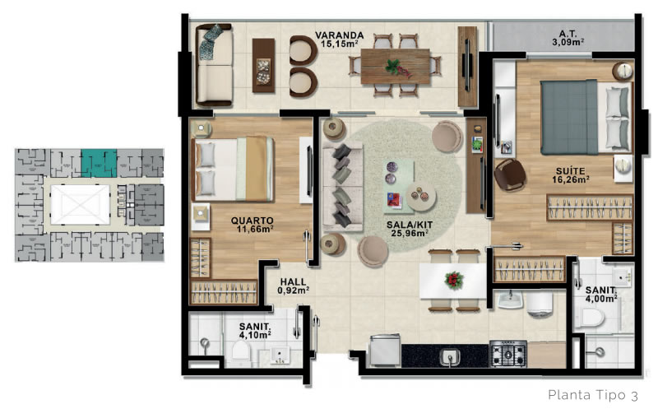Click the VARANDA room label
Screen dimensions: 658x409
point(339,35)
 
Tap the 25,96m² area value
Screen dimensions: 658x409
point(409,233)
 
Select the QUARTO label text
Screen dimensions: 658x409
point(252,221)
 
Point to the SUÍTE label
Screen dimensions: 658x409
point(570,171)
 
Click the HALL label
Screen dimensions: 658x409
point(293,281)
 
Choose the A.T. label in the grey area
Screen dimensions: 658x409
point(568,34)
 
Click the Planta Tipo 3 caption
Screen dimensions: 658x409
point(593,395)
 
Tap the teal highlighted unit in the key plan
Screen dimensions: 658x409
point(99,163)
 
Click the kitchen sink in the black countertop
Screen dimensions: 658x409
point(449,357)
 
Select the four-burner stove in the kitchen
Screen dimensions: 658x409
point(507,354)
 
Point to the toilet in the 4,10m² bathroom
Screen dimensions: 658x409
point(241,350)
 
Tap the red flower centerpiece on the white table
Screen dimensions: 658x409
point(453,280)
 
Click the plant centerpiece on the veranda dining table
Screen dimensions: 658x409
point(396,68)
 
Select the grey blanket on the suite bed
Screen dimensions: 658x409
point(568,117)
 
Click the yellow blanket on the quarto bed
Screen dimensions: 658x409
point(256,169)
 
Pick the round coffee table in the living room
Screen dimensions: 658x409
point(420,196)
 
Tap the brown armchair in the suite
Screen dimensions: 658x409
point(509,174)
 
